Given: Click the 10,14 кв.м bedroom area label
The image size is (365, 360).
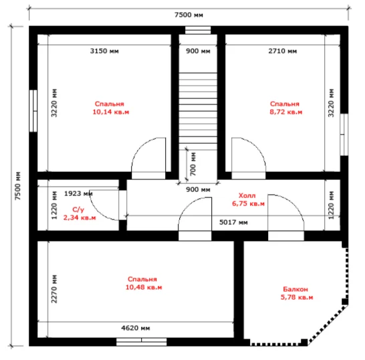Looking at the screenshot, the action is pos(111,108).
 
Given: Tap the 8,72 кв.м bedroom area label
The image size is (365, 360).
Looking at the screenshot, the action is pos(286,108).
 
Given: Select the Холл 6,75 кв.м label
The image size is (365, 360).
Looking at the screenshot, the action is pos(248,199).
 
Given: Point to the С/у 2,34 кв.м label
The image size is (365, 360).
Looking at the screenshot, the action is pos(80,213).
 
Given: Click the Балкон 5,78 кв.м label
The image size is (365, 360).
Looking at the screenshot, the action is pos(297,293).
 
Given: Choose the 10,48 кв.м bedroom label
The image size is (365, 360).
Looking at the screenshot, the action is pos(144,283).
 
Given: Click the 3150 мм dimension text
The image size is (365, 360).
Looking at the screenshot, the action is pos(104,51).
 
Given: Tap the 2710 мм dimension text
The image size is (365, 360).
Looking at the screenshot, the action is pos(283,51).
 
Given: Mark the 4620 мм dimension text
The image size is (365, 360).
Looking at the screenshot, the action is pos(136,328).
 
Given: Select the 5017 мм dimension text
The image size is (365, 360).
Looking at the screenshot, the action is pos(233,222).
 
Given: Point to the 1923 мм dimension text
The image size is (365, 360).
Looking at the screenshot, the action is pos(78,193).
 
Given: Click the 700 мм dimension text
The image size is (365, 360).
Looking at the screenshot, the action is pos(193,164).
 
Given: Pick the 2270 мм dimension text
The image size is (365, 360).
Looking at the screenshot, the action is pos(54,289).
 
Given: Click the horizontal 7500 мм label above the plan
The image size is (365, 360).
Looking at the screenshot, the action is pos(189,15).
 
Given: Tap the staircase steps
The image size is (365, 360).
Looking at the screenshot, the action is pos(198,108).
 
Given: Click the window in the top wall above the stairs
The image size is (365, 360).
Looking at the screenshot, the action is pos(198,30).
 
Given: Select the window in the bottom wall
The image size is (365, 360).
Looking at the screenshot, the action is pos(142,342).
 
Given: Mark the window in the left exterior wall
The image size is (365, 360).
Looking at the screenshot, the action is pos(33,111).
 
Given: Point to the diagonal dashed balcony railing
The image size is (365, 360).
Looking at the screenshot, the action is pos(328,325).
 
